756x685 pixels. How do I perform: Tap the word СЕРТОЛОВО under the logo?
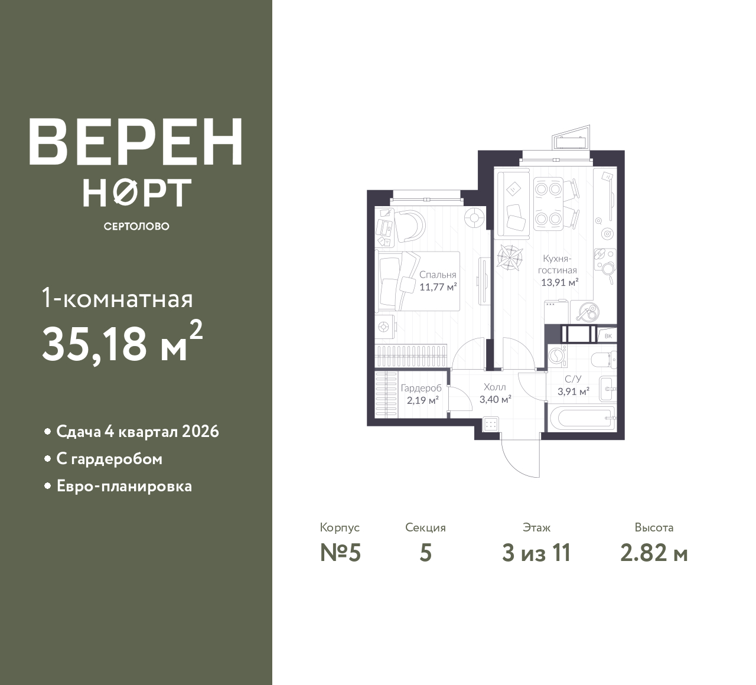coord(136,226)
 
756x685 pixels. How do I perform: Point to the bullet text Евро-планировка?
coord(125,486)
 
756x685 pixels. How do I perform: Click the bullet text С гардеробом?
coord(109,459)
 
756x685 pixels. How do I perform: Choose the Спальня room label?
coord(438,275)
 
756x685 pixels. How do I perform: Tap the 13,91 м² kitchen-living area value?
coord(560,282)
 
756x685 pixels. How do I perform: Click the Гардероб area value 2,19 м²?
coord(422,400)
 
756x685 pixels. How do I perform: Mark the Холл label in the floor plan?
coord(494,387)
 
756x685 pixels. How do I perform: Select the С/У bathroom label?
coord(573,379)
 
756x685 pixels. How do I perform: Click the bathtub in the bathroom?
coord(582,418)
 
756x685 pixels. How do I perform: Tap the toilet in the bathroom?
coord(604,359)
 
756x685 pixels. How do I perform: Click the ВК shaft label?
coord(608,336)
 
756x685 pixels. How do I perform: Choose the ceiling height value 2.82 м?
coord(654,553)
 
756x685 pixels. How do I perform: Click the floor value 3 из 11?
coord(536,553)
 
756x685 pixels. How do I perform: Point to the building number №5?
coord(340,553)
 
